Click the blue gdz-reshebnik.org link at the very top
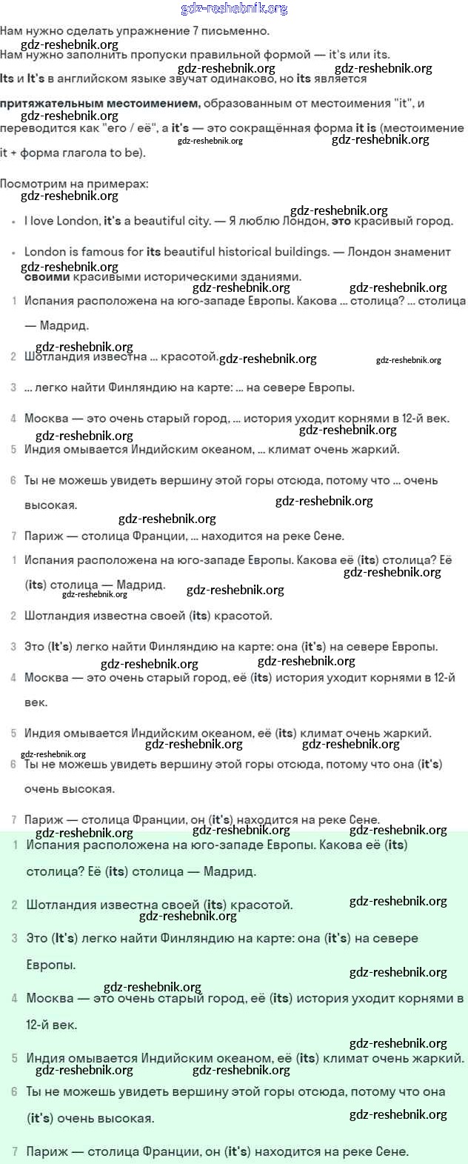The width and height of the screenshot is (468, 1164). click(234, 9)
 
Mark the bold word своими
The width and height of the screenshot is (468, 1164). click(47, 276)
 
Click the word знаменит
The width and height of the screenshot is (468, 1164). click(426, 252)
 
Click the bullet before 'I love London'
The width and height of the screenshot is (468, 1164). click(13, 222)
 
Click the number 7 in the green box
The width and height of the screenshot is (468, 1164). click(15, 1152)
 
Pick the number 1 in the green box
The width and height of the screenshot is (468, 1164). click(15, 845)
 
